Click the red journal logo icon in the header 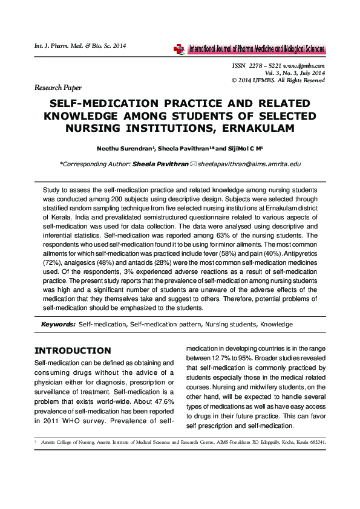point(178,50)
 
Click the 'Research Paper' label point(57,88)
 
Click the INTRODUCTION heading point(73,351)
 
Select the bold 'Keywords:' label point(58,325)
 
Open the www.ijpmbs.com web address point(304,65)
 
